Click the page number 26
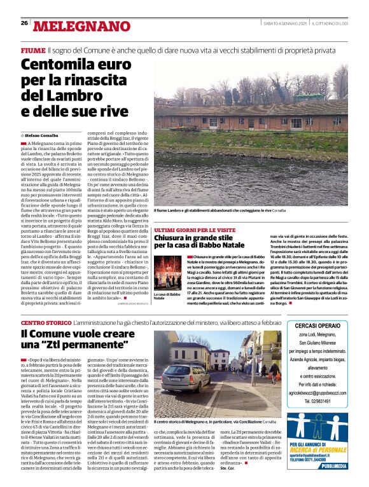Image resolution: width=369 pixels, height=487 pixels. [x=24, y=24]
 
